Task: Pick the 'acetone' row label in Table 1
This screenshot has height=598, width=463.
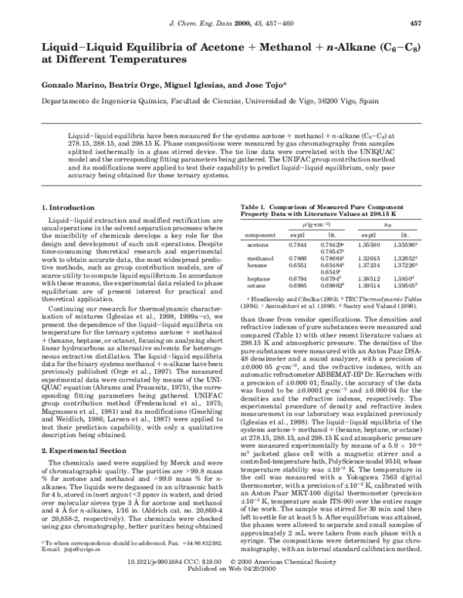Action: pos(258,244)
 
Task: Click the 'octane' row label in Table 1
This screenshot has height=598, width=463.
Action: pos(256,284)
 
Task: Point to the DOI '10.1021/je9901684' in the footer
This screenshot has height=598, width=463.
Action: pos(157,583)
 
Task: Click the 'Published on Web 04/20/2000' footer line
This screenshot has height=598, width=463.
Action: pos(231,590)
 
